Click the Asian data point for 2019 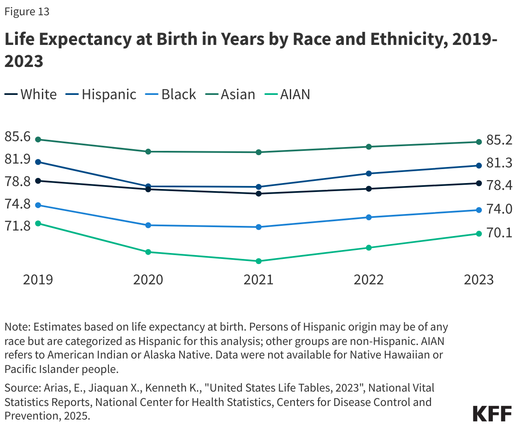(x=38, y=139)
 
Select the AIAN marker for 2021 (x=258, y=261)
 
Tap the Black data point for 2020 (x=148, y=225)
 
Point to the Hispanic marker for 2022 (x=369, y=173)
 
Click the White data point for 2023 (x=479, y=183)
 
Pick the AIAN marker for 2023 (x=479, y=233)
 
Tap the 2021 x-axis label (x=258, y=280)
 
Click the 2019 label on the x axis (x=38, y=280)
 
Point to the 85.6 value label (x=17, y=136)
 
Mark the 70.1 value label (x=499, y=233)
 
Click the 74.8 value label (x=17, y=204)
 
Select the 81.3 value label (x=499, y=163)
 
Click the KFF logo (x=492, y=414)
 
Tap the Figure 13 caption (x=27, y=11)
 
